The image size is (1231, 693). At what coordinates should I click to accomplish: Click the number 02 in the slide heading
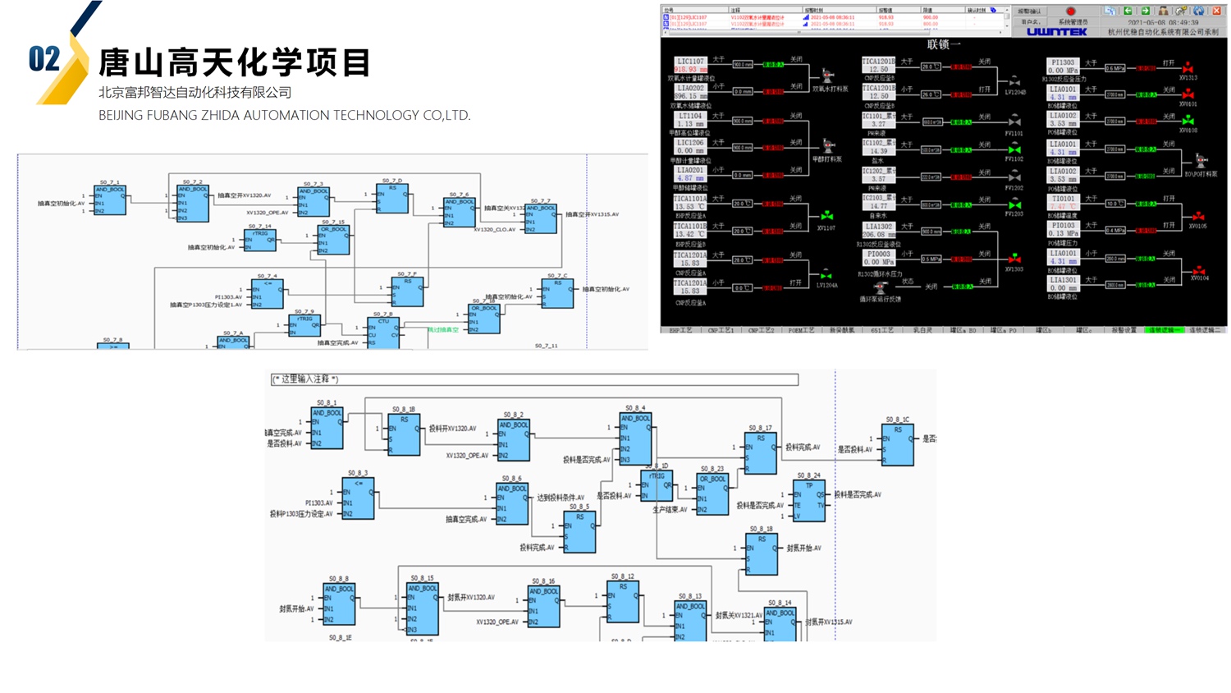pyautogui.click(x=44, y=59)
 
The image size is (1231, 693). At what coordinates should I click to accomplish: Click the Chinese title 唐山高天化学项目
pyautogui.click(x=235, y=62)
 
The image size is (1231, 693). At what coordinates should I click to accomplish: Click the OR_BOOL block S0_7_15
pyautogui.click(x=334, y=239)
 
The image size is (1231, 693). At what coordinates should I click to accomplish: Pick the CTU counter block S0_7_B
pyautogui.click(x=383, y=333)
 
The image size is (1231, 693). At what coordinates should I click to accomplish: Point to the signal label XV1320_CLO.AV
pyautogui.click(x=494, y=230)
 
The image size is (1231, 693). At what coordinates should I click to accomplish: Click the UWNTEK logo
pyautogui.click(x=1056, y=32)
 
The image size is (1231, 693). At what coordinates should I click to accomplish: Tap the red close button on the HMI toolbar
pyautogui.click(x=1216, y=11)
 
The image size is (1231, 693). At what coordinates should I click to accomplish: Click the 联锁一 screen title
pyautogui.click(x=943, y=44)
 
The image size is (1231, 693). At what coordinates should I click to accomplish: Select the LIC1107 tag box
pyautogui.click(x=690, y=66)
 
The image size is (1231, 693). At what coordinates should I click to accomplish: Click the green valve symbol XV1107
pyautogui.click(x=826, y=216)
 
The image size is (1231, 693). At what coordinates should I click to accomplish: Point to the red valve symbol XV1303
pyautogui.click(x=1014, y=259)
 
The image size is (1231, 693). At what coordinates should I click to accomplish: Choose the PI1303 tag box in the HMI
pyautogui.click(x=1063, y=67)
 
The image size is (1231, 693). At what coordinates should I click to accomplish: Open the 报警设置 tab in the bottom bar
pyautogui.click(x=1123, y=330)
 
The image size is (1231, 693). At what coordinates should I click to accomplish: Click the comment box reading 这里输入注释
pyautogui.click(x=534, y=379)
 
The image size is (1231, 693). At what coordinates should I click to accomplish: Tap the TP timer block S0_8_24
pyautogui.click(x=810, y=501)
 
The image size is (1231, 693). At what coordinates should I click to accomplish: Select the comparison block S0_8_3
pyautogui.click(x=358, y=498)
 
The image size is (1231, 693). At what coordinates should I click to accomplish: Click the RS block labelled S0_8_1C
pyautogui.click(x=898, y=444)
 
